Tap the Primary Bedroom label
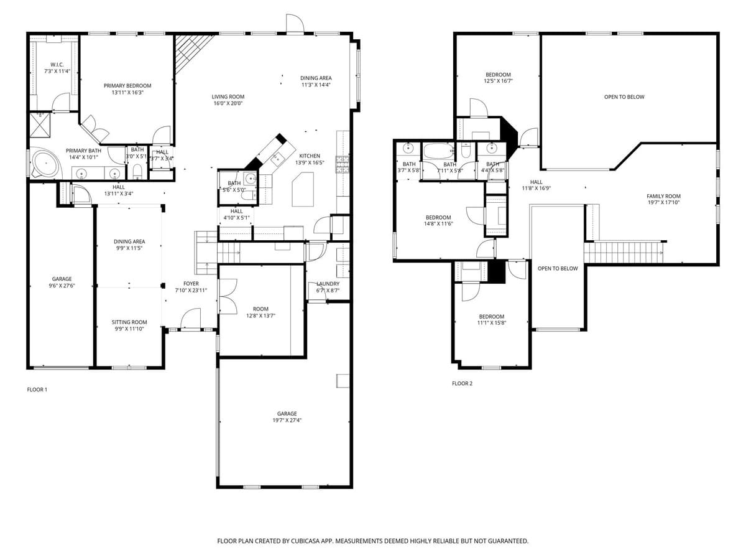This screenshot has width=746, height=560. tap(127, 89)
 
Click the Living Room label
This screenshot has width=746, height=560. tap(228, 100)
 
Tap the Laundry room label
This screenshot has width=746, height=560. tap(327, 287)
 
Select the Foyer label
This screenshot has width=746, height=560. tap(190, 287)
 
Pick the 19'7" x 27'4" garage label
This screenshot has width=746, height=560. tap(287, 417)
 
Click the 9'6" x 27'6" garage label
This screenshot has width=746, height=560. tap(62, 282)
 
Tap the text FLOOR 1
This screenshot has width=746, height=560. tap(37, 390)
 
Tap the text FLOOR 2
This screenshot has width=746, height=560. tap(462, 383)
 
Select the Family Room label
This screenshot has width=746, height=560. tap(663, 199)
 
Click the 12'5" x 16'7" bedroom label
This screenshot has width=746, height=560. tap(498, 78)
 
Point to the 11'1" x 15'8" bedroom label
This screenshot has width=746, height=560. tap(491, 320)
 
